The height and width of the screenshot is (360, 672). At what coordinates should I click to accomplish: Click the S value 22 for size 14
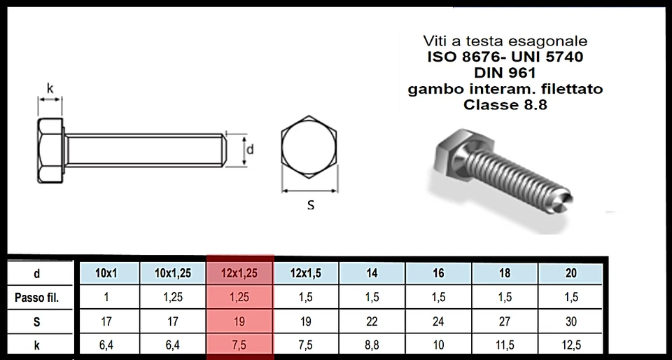pyautogui.click(x=372, y=321)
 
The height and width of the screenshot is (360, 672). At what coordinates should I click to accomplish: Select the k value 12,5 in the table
pyautogui.click(x=570, y=345)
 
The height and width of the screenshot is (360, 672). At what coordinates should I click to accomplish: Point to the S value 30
pyautogui.click(x=570, y=321)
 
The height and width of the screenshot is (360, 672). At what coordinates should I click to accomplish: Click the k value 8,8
pyautogui.click(x=372, y=345)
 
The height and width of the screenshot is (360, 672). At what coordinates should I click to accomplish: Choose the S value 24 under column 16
pyautogui.click(x=438, y=321)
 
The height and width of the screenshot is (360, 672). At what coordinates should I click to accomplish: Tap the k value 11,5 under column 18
pyautogui.click(x=505, y=345)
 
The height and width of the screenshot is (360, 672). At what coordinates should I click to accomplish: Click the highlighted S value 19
pyautogui.click(x=239, y=321)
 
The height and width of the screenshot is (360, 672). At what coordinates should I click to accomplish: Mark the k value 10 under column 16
pyautogui.click(x=438, y=345)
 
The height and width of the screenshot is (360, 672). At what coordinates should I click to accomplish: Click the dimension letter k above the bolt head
pyautogui.click(x=50, y=89)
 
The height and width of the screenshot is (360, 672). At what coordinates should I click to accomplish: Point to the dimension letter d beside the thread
pyautogui.click(x=250, y=149)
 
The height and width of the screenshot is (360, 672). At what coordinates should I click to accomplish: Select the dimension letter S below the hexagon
pyautogui.click(x=311, y=205)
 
